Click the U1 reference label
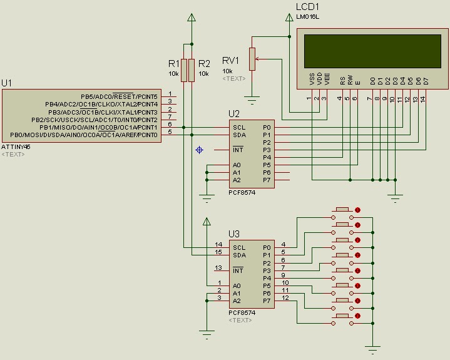[x=7, y=83]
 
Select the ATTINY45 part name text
[x=16, y=147]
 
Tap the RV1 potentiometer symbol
[x=252, y=59]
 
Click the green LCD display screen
[x=372, y=51]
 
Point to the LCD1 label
[x=307, y=6]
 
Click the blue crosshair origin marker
[x=200, y=150]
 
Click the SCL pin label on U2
[x=239, y=127]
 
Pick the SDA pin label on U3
[x=239, y=255]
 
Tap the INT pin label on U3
[x=238, y=270]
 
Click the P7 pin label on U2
[x=267, y=180]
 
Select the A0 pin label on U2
[x=237, y=165]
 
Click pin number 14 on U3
[x=218, y=244]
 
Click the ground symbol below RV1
[x=252, y=98]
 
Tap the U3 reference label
[x=233, y=234]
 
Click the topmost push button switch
[x=342, y=209]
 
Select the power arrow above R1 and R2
[x=191, y=18]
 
